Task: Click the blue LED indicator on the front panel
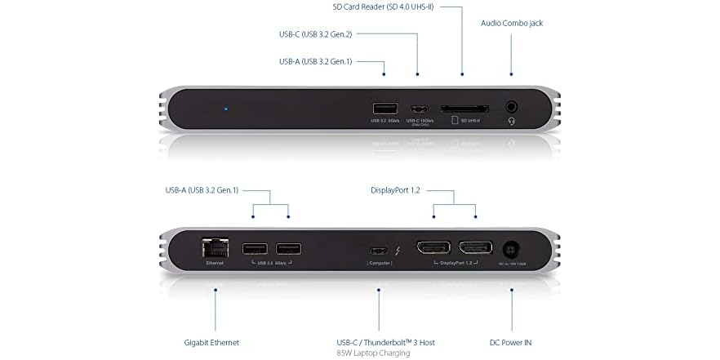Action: [x=226, y=108]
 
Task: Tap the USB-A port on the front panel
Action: [x=384, y=108]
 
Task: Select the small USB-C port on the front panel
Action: [x=419, y=109]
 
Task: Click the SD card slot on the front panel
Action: [x=464, y=108]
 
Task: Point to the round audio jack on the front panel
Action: [x=512, y=107]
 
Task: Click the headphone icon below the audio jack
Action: [x=512, y=121]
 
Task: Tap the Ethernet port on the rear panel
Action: [x=215, y=247]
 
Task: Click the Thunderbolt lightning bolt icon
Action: [x=397, y=250]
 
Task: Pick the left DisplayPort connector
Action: [x=433, y=248]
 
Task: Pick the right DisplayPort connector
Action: [x=475, y=248]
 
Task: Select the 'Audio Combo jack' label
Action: [x=512, y=23]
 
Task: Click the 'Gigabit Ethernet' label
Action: [x=211, y=342]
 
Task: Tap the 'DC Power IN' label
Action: [x=512, y=342]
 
